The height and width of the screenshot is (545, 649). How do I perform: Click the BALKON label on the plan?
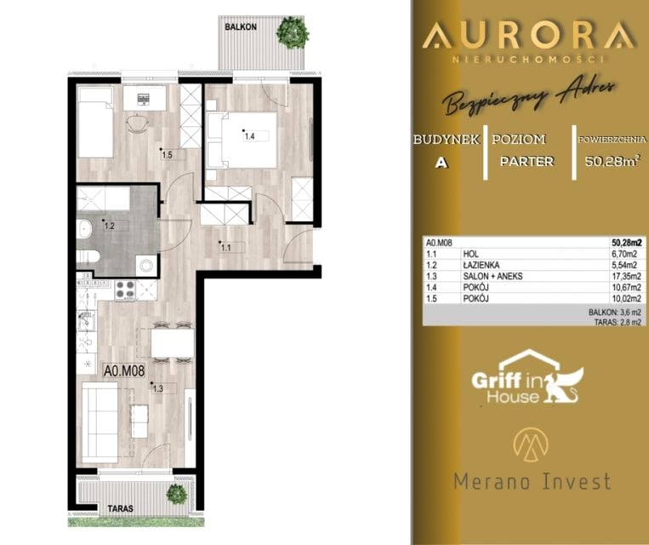point(241,27)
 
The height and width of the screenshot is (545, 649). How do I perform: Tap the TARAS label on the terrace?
point(121,508)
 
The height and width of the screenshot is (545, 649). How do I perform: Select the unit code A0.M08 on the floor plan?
point(124,370)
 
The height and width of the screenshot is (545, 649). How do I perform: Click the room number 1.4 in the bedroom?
point(249,136)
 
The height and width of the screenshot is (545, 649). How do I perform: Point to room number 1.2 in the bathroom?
point(109,227)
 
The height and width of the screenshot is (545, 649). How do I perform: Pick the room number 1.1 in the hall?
point(225,248)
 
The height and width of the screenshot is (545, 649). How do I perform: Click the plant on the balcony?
point(293,32)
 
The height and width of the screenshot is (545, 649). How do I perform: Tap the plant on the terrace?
point(177,494)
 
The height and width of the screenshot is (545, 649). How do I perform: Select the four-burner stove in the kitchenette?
point(125,290)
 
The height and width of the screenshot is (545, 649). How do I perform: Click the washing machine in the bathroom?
point(146,266)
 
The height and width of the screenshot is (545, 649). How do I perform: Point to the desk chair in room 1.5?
point(137,123)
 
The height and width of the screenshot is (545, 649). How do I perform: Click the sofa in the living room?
point(100,422)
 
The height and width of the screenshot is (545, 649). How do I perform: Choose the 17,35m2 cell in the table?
point(626,276)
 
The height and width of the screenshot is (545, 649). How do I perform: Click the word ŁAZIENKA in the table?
point(481,265)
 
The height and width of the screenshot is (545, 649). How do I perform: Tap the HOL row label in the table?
point(470,254)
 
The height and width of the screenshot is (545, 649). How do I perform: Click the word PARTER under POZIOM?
point(527,161)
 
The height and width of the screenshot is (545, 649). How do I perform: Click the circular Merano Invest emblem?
point(531,445)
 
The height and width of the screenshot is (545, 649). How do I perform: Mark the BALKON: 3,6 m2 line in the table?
point(615,312)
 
